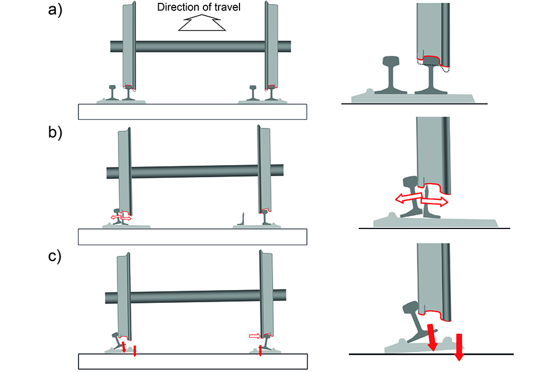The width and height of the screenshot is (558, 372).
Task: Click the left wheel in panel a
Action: [x=130, y=46]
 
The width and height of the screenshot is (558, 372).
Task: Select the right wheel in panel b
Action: [x=266, y=169]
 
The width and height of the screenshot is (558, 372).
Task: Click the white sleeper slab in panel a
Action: [x=192, y=112]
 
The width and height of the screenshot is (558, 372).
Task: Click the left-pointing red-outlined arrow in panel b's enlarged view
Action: [x=407, y=198]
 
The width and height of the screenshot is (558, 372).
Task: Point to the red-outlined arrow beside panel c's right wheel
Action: [x=254, y=335]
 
